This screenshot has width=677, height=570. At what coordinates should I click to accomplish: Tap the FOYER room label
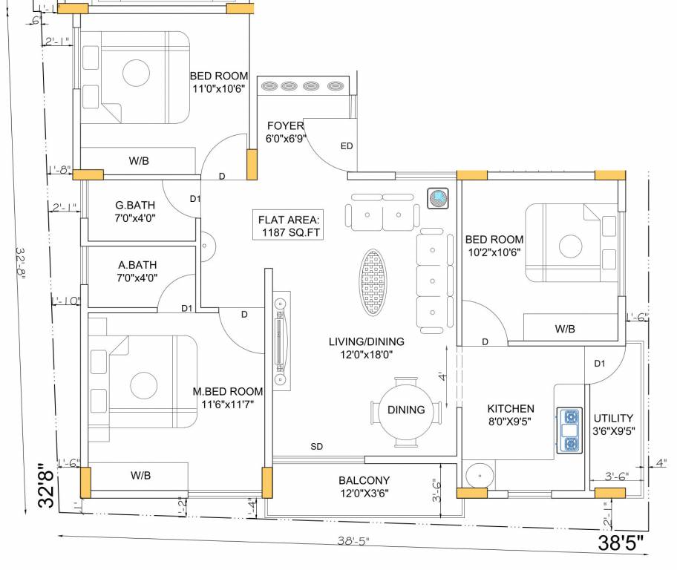pos(286,132)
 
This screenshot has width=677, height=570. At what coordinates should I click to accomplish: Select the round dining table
pos(406,410)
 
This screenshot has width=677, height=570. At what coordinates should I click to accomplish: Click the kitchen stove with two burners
pos(570,430)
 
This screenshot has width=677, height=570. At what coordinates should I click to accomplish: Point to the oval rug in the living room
pos(374,282)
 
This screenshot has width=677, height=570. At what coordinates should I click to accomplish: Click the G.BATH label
pos(135,212)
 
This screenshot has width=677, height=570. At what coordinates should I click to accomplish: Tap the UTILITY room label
pos(613,424)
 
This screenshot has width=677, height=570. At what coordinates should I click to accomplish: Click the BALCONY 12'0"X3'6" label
pos(364,486)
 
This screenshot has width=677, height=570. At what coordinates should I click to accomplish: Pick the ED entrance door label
pos(347,146)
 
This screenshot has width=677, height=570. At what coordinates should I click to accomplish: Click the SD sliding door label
pos(317,447)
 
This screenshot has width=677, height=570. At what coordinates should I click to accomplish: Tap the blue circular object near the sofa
pos(438,198)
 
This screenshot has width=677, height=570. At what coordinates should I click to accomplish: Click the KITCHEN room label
pos(510,416)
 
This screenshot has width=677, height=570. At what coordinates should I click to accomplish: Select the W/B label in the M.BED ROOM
pos(141,475)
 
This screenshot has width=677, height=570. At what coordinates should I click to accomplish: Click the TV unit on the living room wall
pos(281,341)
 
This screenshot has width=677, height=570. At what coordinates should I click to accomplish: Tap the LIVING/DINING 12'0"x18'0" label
pos(367,348)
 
